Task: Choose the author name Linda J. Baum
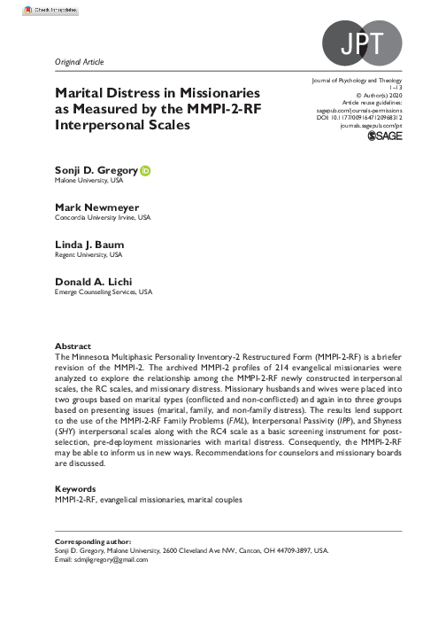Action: (x=87, y=244)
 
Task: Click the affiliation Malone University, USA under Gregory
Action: (x=85, y=180)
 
